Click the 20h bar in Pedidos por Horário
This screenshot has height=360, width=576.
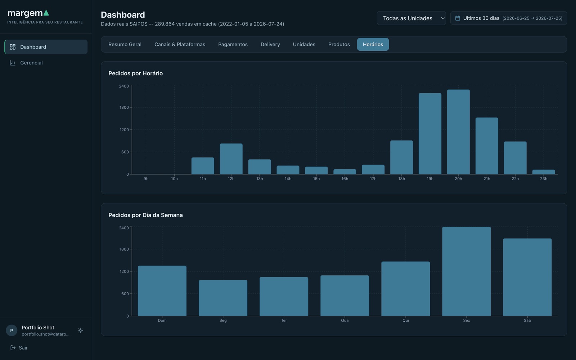[x=458, y=132]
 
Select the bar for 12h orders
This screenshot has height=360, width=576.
[x=231, y=159]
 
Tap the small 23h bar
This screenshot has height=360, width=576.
[x=544, y=172]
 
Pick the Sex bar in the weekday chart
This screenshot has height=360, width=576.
[x=467, y=271]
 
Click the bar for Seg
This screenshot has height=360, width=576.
[x=223, y=298]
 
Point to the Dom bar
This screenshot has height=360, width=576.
[x=162, y=291]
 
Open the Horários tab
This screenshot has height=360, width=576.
[x=373, y=44]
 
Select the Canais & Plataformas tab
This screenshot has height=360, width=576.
[x=180, y=44]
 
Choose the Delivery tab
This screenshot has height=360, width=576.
[x=270, y=44]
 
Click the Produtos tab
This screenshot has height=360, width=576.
[x=339, y=44]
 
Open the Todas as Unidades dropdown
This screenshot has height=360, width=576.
[x=411, y=18]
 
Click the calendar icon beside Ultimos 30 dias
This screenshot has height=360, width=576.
[x=458, y=18]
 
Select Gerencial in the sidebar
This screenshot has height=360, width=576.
[x=31, y=63]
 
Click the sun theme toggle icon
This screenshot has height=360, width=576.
[x=80, y=330]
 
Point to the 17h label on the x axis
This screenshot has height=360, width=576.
[x=373, y=179]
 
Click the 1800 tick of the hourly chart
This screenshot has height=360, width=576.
[x=124, y=108]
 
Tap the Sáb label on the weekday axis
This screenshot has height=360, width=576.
[x=527, y=320]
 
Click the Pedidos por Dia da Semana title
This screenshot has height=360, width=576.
[x=145, y=215]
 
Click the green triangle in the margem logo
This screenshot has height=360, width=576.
[x=46, y=13]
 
